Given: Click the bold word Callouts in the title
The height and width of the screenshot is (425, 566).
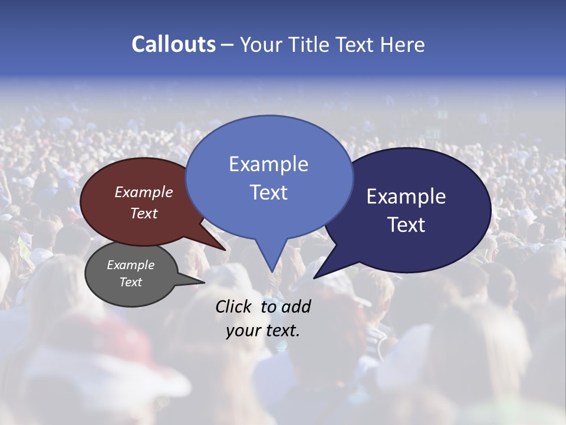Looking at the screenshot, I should (173, 44).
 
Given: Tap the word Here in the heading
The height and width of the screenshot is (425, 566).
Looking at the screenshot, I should (402, 44).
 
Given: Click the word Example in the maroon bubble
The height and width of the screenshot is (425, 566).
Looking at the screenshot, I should (143, 192).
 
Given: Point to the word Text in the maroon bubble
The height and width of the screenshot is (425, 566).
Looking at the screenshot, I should (143, 213).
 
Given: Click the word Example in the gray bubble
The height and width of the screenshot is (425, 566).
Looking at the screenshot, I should (130, 265).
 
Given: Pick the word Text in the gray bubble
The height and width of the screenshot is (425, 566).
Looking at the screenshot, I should (130, 282).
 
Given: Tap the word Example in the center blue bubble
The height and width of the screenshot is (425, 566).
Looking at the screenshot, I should (268, 164).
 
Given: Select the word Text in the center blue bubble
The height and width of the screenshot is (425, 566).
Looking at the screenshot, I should (268, 192).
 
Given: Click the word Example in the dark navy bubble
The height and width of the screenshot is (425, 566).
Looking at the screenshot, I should (406, 197).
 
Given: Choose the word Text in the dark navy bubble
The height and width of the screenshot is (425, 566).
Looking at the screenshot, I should (406, 225).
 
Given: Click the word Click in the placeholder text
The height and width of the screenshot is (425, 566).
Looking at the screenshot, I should (234, 306).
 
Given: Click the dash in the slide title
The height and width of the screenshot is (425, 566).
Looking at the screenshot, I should (228, 45).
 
